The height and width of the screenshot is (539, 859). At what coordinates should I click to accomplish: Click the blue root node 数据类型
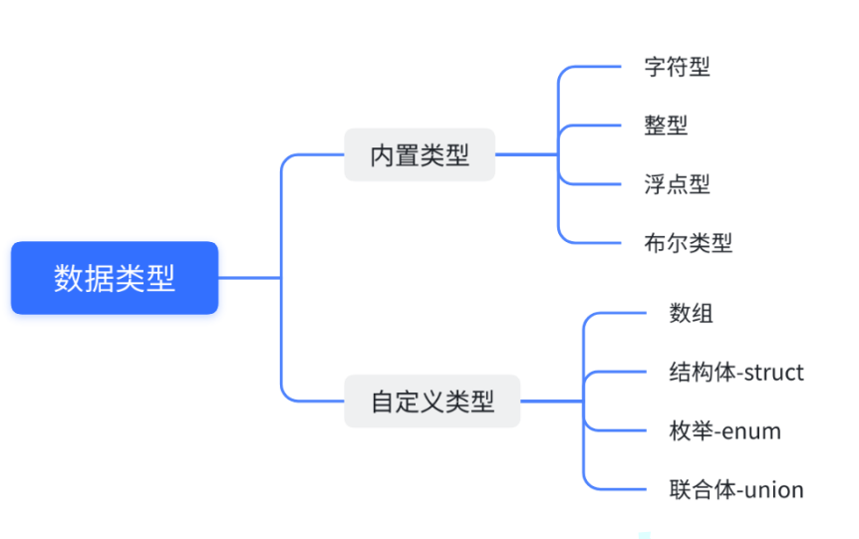click(115, 278)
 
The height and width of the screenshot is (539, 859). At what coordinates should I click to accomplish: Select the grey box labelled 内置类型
click(420, 154)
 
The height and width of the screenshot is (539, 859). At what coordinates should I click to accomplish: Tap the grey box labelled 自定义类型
click(431, 401)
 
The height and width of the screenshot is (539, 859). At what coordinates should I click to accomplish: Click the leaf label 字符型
click(677, 67)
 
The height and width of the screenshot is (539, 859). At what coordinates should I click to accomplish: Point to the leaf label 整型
click(666, 126)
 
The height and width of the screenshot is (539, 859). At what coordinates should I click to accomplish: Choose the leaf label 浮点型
click(677, 183)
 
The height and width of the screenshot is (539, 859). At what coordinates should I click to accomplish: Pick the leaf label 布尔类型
click(688, 242)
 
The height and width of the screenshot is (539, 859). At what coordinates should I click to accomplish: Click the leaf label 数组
click(691, 313)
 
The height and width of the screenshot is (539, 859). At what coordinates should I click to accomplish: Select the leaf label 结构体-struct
click(736, 372)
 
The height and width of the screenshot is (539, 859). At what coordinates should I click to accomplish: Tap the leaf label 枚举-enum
click(724, 430)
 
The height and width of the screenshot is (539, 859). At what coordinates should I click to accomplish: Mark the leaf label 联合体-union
click(736, 489)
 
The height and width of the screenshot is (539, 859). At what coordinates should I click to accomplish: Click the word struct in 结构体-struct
click(773, 372)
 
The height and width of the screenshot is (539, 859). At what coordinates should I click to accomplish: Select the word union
click(773, 489)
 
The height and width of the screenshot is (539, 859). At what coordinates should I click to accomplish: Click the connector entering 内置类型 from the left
click(314, 154)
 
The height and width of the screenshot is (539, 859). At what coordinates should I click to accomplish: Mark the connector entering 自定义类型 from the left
click(314, 401)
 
